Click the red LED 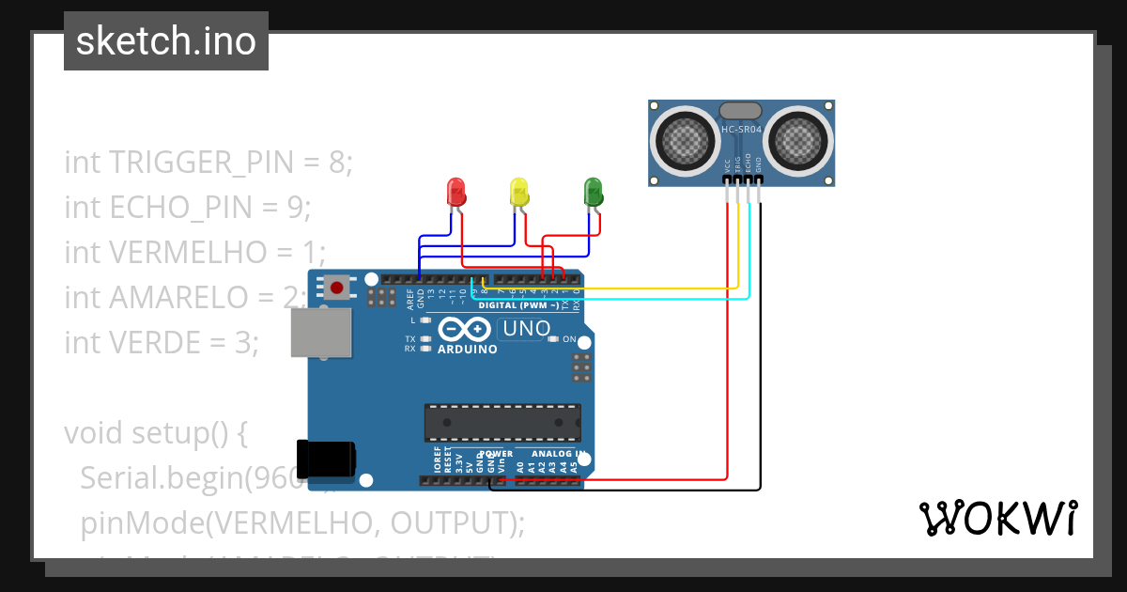(456, 192)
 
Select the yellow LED (517, 192)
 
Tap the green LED (593, 192)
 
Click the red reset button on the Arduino (336, 287)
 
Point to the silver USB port (321, 334)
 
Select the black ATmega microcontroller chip (502, 423)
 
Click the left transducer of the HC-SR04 (684, 141)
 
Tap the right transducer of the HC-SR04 (799, 141)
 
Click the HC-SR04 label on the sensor (741, 130)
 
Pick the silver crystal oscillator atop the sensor (741, 112)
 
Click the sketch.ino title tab (166, 41)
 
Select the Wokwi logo (998, 518)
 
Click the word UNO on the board (526, 329)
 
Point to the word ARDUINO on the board (467, 349)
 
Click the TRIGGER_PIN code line (208, 163)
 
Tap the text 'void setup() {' (155, 433)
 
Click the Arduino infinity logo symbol (465, 329)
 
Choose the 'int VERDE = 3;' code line (162, 343)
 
